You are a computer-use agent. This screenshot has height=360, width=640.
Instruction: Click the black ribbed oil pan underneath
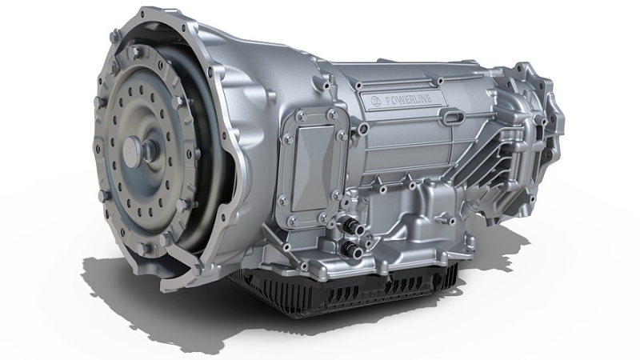click(344, 292)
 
